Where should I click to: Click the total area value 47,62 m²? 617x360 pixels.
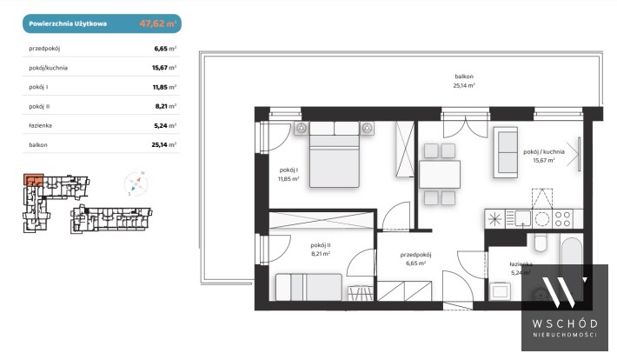click(158, 23)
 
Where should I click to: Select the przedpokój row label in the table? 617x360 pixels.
click(44, 49)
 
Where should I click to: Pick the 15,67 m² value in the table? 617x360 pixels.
click(164, 67)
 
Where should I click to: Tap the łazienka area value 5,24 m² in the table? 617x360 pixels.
click(165, 125)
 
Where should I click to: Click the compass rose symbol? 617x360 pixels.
click(136, 183)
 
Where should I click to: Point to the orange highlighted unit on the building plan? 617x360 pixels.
click(33, 180)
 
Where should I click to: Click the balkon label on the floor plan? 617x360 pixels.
click(464, 77)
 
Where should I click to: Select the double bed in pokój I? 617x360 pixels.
click(335, 154)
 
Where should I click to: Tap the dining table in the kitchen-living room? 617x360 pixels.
click(440, 175)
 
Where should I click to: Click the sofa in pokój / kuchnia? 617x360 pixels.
click(506, 152)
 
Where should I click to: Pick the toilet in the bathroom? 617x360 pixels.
click(541, 243)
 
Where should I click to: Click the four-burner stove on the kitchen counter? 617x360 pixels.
click(562, 219)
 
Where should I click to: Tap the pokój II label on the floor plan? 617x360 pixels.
click(321, 245)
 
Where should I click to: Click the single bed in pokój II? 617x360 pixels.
click(308, 287)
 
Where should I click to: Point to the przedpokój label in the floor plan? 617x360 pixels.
click(416, 255)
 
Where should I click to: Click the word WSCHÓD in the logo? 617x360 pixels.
click(565, 323)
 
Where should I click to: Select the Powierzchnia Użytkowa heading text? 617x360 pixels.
click(68, 23)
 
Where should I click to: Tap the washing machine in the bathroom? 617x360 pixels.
click(500, 291)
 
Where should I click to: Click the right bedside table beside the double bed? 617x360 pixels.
click(367, 129)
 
